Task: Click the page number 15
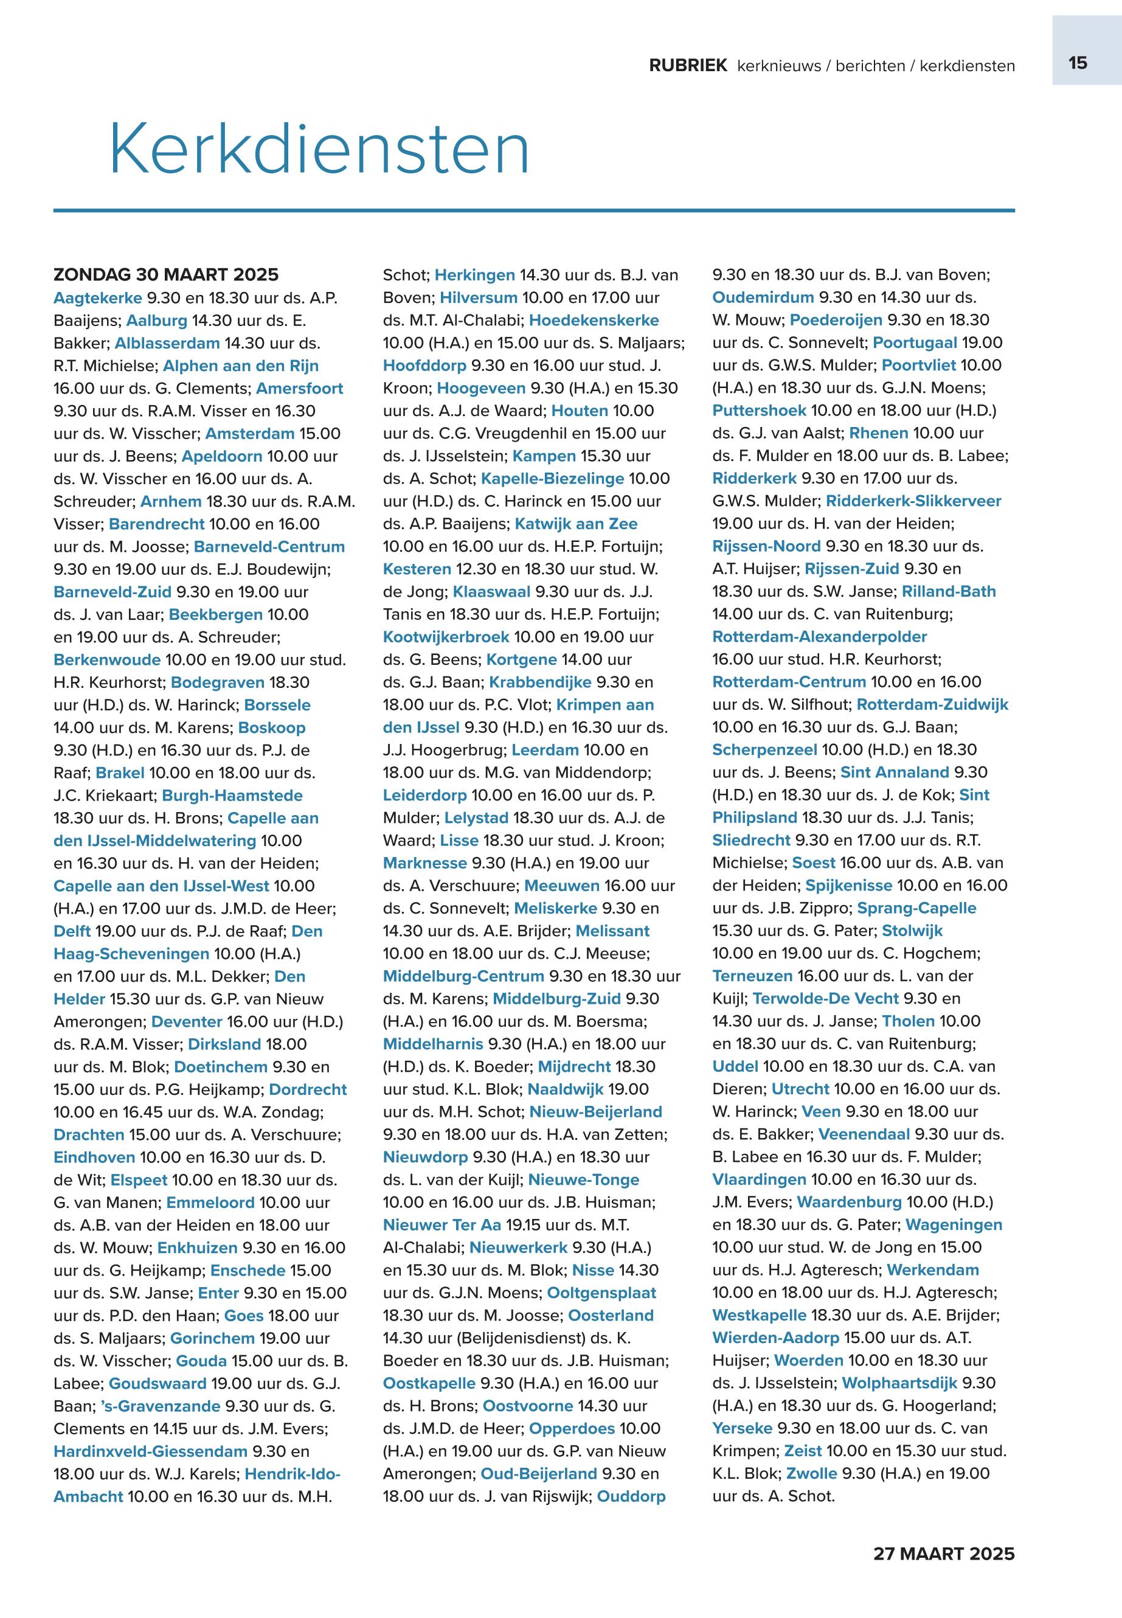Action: [x=1078, y=63]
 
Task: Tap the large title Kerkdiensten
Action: [x=319, y=149]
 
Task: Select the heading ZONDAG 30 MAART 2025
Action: [x=166, y=274]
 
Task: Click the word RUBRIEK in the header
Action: [x=688, y=66]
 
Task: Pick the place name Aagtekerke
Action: [x=98, y=297]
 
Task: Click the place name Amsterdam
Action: [x=249, y=433]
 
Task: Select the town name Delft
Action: [x=72, y=931]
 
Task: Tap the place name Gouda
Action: [x=201, y=1361]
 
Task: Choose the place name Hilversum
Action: [x=478, y=297]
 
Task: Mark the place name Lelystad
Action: [x=476, y=818]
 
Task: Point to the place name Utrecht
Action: [x=800, y=1089]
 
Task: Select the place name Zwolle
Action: [x=811, y=1473]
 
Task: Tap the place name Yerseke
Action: [x=742, y=1428]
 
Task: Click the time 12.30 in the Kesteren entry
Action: [x=476, y=569]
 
